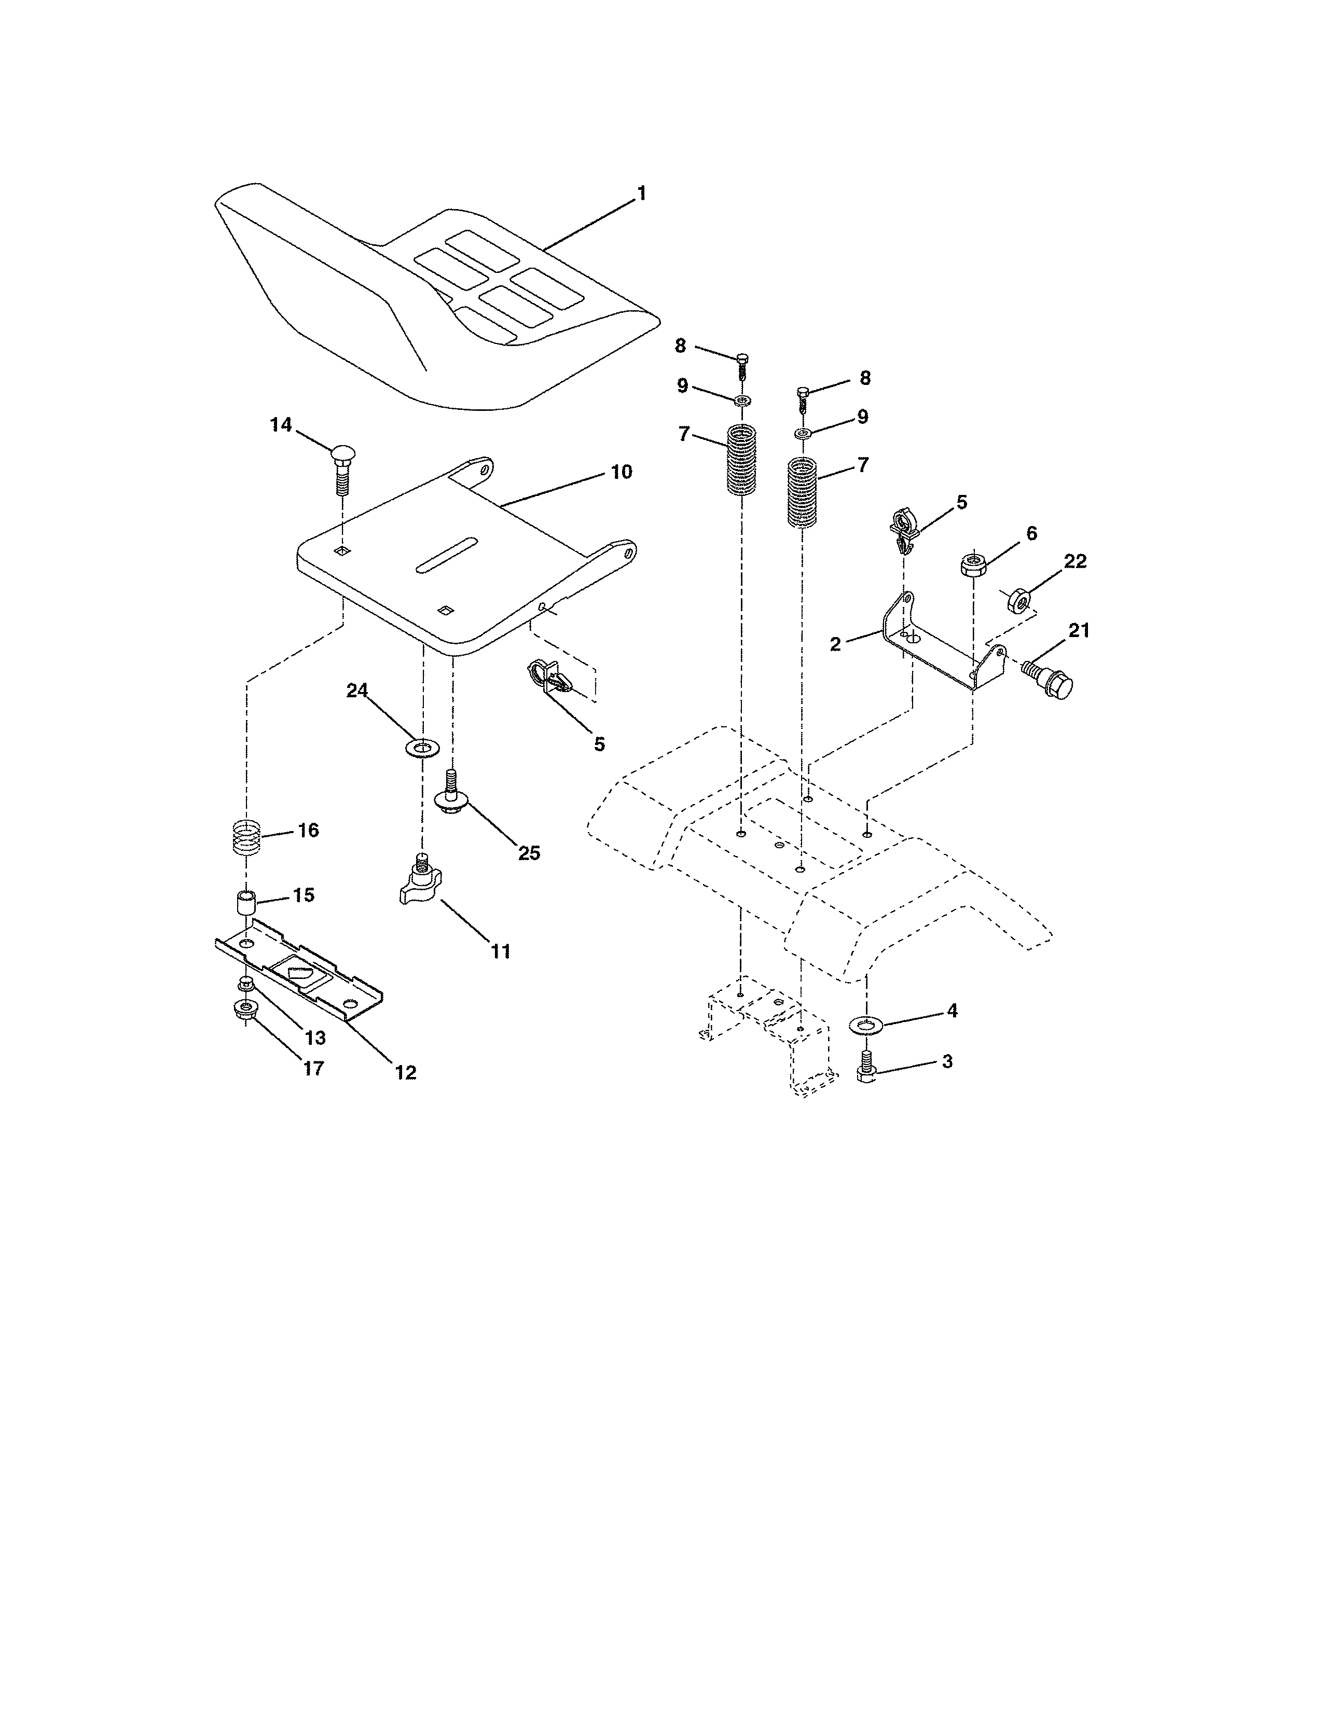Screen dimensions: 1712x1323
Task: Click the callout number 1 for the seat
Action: (x=642, y=193)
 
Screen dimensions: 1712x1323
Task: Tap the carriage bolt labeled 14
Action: (x=342, y=467)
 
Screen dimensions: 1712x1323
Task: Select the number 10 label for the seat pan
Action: (x=621, y=472)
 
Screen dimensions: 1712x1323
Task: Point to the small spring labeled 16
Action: (x=246, y=837)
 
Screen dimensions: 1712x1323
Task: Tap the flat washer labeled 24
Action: (x=422, y=746)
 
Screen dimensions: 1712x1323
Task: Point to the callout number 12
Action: (x=405, y=1072)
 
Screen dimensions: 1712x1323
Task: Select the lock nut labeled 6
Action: (x=973, y=564)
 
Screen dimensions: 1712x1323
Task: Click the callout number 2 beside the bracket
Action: (x=835, y=644)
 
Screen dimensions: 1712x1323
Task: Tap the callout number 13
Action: (x=314, y=1038)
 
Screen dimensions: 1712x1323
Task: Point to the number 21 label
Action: (x=1079, y=630)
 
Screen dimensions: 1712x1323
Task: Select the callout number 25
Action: (x=529, y=853)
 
